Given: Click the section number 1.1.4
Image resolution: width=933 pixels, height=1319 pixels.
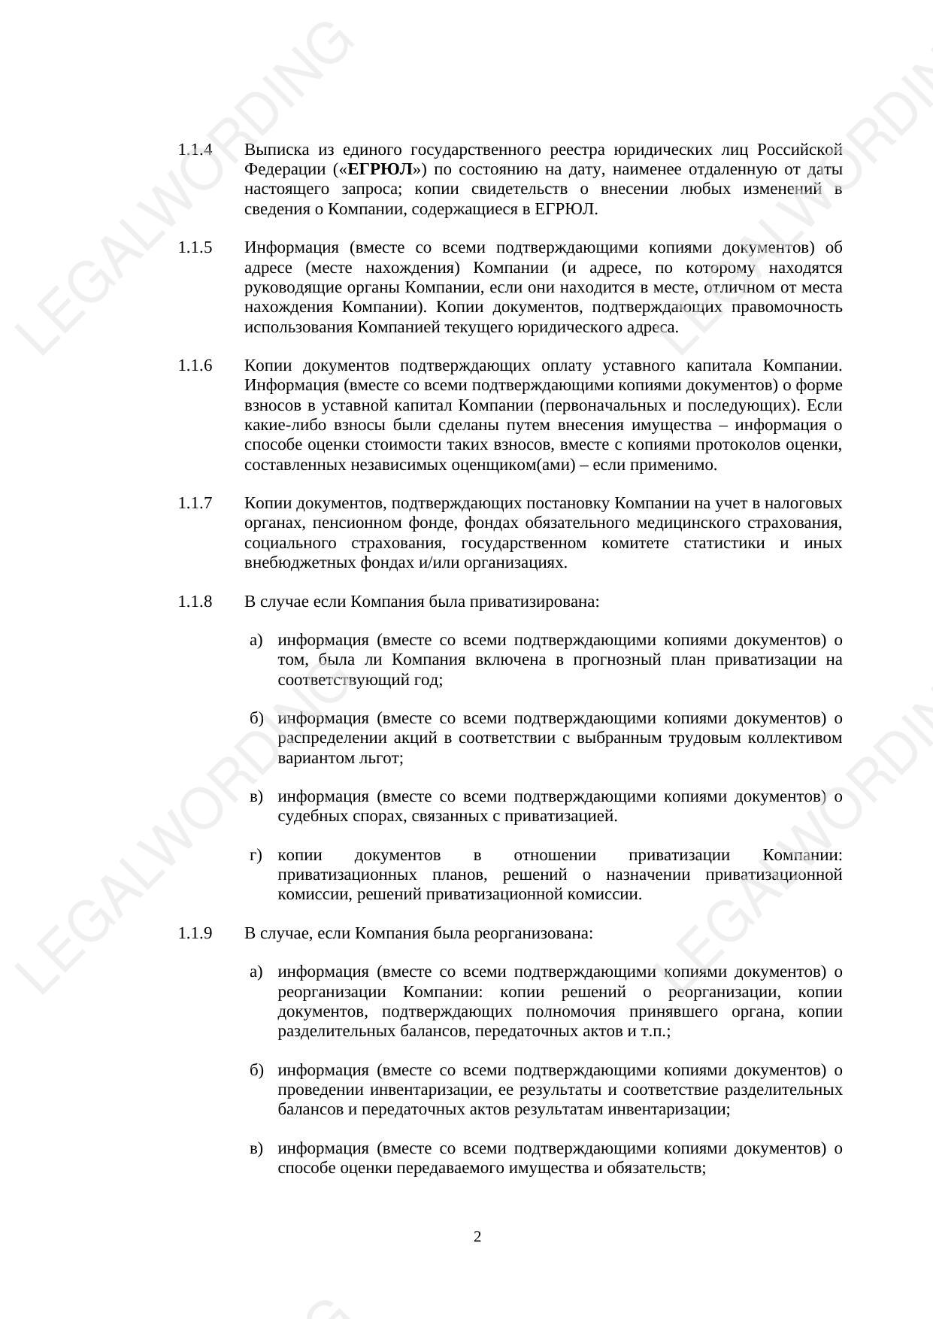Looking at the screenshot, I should click(x=195, y=150).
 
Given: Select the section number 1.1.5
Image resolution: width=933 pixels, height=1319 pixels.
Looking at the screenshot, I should click(x=195, y=247).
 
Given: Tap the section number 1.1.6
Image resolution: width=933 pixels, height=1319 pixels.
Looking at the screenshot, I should click(x=195, y=365).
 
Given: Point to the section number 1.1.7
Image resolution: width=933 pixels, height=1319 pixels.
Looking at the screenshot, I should click(x=195, y=502).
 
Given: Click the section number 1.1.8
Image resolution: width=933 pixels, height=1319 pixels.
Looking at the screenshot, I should click(x=195, y=602).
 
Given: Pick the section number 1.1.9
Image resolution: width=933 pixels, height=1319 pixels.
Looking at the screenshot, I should click(x=195, y=933).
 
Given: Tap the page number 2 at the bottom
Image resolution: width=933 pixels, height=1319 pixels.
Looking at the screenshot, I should click(x=477, y=1237).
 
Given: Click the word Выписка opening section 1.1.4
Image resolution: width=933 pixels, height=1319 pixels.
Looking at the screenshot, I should click(x=274, y=150).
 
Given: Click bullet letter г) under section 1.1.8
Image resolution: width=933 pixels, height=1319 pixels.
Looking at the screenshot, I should click(x=256, y=855).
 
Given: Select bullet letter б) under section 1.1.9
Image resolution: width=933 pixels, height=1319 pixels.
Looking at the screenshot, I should click(x=256, y=1070).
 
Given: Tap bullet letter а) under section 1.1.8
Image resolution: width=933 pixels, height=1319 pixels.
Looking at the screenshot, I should click(x=256, y=640).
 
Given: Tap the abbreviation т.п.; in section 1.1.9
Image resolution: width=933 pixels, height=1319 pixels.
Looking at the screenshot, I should click(x=656, y=1031).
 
